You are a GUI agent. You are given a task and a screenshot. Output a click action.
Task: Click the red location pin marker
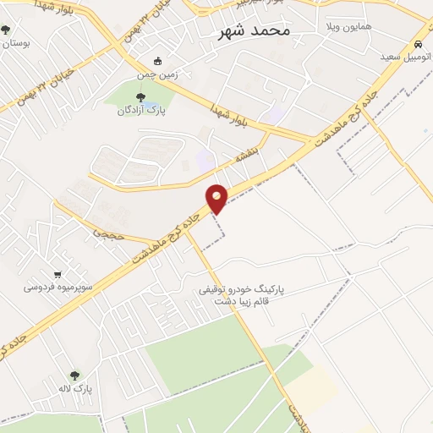tap(217, 199)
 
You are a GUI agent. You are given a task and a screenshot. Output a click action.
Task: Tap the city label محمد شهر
tap(254, 30)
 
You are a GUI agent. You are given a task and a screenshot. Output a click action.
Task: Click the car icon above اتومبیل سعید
tap(418, 44)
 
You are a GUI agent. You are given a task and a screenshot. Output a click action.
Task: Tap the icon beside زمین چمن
tap(157, 61)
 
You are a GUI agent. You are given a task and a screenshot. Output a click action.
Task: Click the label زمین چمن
tap(184, 61)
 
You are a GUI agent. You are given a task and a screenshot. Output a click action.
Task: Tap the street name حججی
tap(109, 232)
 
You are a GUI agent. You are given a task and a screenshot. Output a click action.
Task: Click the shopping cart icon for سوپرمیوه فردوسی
tap(58, 274)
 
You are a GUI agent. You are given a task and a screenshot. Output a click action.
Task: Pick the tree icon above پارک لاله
tap(74, 375)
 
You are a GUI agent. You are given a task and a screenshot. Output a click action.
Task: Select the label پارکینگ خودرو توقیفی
tap(241, 288)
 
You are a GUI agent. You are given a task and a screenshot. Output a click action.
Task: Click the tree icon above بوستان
tap(6, 30)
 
